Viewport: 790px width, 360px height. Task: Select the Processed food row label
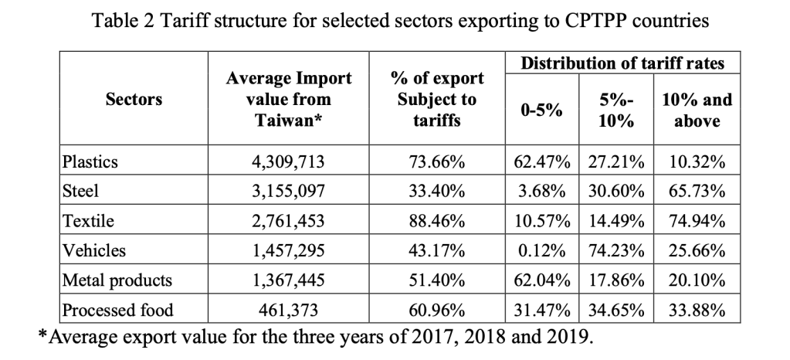117,311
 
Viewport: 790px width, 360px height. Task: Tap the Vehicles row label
93,251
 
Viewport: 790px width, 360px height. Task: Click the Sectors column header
134,100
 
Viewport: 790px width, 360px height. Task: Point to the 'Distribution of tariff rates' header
622,63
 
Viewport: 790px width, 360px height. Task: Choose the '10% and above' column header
697,110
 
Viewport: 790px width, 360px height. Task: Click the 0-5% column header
541,110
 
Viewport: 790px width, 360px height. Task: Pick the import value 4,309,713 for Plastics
288,162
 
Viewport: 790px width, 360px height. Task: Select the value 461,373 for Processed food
288,311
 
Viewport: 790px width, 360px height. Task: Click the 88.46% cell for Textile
436,222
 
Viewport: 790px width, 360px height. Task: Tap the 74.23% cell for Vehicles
615,251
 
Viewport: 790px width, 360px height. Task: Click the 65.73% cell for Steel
697,192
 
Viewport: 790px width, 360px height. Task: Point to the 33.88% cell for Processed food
697,311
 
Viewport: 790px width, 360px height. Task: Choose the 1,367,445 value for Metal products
288,281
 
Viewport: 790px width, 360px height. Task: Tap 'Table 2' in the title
123,22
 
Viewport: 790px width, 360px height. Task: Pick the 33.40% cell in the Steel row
436,192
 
